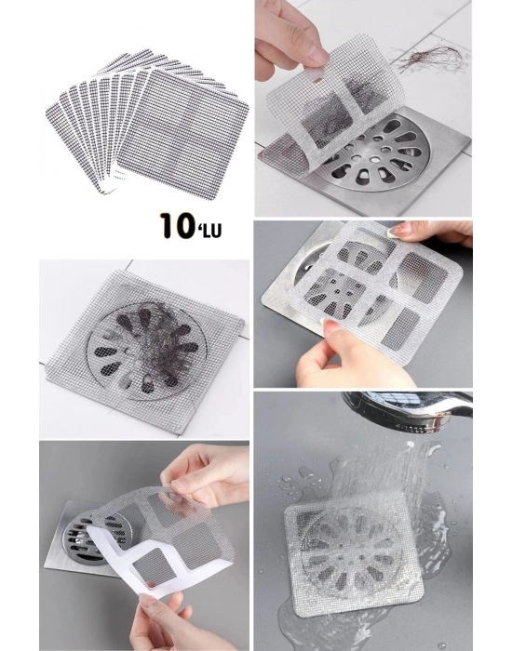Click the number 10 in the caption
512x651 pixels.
[x=178, y=225]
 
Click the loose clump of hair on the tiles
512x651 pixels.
[x=431, y=58]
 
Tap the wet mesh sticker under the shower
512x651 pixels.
[x=354, y=552]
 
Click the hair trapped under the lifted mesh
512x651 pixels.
[x=328, y=120]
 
